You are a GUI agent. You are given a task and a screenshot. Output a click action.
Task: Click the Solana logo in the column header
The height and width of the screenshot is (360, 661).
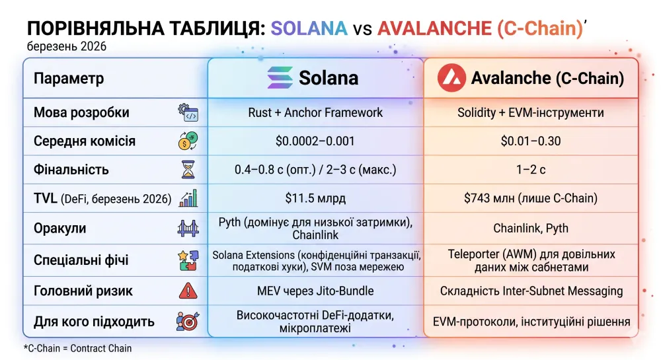point(280,78)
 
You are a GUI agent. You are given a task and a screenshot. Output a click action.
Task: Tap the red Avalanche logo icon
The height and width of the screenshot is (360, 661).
point(451,78)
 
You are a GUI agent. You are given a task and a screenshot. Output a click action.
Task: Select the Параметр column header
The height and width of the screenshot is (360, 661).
point(69,79)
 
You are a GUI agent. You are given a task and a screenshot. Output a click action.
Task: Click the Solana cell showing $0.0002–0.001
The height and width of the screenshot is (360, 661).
point(315,141)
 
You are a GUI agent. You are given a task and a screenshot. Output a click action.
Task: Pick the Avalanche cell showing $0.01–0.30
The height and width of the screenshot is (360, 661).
point(530,141)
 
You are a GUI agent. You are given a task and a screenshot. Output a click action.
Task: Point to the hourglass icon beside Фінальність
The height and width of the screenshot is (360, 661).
point(188,170)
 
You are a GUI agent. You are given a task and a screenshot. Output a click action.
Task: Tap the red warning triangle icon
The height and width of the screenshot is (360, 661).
point(188,291)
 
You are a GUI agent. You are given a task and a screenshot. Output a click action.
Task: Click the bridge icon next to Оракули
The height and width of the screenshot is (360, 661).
point(188,229)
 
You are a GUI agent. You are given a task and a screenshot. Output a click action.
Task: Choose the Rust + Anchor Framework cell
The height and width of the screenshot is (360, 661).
point(315,112)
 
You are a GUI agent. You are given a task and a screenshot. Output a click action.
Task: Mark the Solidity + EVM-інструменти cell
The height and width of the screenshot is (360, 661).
point(530,112)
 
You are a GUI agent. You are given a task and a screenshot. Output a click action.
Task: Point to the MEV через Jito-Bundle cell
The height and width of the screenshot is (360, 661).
point(315,291)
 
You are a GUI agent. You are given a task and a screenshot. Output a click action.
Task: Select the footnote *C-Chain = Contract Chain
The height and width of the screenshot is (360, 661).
point(77,348)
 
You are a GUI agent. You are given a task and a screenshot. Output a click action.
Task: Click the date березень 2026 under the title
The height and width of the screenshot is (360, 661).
point(67,47)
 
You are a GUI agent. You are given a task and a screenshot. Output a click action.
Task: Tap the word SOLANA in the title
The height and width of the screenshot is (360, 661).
point(309,28)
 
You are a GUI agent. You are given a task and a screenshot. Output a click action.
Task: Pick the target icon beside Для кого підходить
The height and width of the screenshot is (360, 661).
point(188,322)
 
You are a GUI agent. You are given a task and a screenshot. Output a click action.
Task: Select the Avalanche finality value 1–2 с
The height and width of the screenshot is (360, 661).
point(530,170)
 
